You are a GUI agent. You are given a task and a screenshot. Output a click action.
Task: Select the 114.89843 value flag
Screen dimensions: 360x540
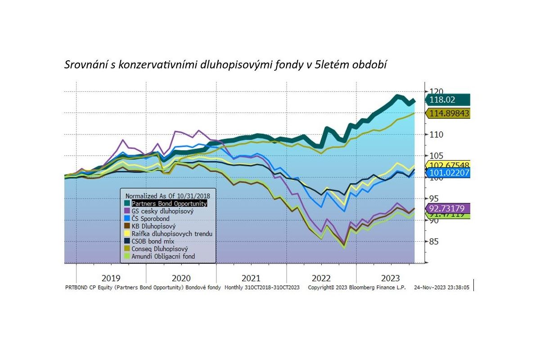pos(448,113)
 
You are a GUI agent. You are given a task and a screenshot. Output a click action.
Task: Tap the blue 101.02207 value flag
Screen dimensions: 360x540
pos(448,173)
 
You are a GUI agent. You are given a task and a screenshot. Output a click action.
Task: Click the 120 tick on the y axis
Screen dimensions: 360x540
pos(436,92)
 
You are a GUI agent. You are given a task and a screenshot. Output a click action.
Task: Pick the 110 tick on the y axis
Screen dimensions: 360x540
pos(436,135)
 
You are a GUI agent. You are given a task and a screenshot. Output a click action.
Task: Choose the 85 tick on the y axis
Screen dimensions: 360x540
pos(434,242)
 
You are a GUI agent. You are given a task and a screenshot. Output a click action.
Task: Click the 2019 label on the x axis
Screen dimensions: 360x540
pos(111,278)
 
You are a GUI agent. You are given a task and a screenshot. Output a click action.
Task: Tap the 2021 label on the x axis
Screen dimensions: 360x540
pos(251,278)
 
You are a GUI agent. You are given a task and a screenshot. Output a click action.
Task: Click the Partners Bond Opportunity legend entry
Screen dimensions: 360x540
pos(169,203)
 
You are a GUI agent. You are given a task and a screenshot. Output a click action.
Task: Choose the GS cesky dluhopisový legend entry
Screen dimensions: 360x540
pos(162,211)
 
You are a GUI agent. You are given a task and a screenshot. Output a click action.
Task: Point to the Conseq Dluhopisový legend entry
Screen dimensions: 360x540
pos(160,249)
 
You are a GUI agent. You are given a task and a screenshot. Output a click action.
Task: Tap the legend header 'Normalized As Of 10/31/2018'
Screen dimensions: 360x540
pos(167,196)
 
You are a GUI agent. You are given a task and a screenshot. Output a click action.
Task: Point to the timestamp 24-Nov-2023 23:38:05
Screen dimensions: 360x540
pos(441,287)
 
